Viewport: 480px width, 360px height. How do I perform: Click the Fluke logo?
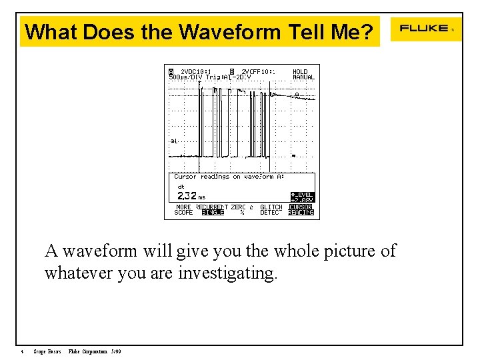tap(424, 29)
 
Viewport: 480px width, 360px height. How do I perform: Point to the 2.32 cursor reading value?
tap(187, 196)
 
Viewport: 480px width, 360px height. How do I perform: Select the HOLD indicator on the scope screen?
tap(301, 72)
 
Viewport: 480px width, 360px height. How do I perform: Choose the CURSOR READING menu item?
tap(301, 210)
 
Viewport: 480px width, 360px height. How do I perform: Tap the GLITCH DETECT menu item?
tap(271, 210)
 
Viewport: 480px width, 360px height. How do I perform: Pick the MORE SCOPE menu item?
tap(183, 210)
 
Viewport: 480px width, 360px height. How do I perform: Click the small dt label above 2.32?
tap(181, 187)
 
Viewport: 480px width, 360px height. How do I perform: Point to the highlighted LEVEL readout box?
tap(302, 197)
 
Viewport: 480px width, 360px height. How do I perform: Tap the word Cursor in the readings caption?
tap(185, 177)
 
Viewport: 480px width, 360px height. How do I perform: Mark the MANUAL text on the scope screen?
tap(303, 77)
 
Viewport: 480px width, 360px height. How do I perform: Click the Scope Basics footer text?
tap(47, 351)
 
